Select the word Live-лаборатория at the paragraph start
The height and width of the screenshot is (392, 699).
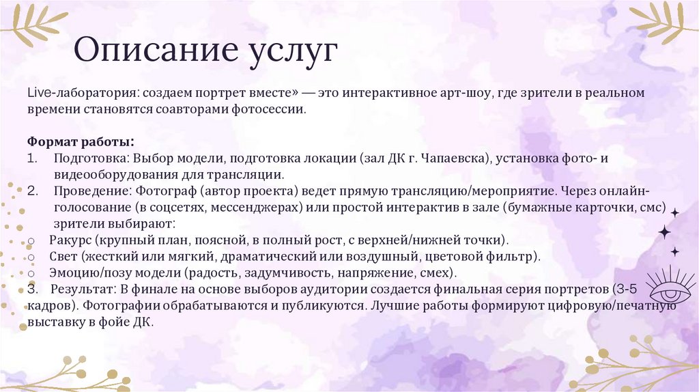[x=74, y=92]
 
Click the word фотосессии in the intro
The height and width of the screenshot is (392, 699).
[x=268, y=109]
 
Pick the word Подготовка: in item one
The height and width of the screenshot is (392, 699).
[x=91, y=159]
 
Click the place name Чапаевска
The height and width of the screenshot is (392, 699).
[x=453, y=159]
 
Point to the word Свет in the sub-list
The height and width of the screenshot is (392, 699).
[x=63, y=257]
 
